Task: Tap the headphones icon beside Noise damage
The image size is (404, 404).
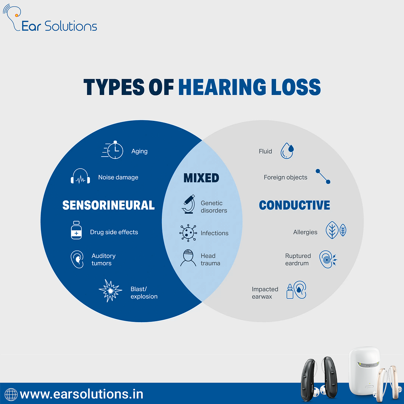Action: click(80, 177)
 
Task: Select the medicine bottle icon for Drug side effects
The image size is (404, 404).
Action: click(76, 231)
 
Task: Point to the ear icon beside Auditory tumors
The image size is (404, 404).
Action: click(77, 259)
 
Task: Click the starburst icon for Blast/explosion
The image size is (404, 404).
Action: click(110, 290)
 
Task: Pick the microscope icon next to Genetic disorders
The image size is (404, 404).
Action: click(189, 204)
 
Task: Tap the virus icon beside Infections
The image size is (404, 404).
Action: click(188, 233)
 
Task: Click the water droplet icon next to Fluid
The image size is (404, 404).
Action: click(287, 151)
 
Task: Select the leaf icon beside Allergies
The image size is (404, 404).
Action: click(336, 231)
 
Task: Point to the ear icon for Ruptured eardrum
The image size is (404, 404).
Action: click(327, 259)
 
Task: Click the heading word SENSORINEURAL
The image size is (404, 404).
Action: click(108, 205)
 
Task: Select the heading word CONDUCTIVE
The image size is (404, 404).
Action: click(295, 205)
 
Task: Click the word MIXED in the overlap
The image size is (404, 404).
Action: click(201, 178)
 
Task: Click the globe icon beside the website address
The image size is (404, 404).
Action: click(11, 394)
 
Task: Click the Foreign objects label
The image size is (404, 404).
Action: click(285, 177)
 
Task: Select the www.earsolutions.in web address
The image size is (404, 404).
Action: click(81, 394)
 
